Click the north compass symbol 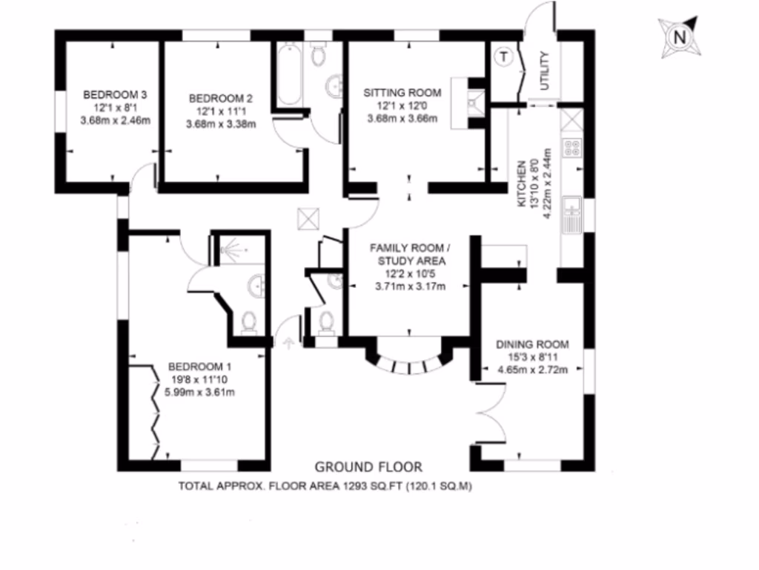pos(677,36)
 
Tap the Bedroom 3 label pos(115,94)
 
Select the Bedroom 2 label pos(221,98)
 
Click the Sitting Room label pos(402,93)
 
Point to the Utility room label pos(545,71)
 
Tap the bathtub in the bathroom pos(288,74)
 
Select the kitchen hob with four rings pos(572,147)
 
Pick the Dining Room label pos(532,344)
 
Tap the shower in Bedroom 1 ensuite pos(234,250)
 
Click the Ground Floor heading pos(368,467)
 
